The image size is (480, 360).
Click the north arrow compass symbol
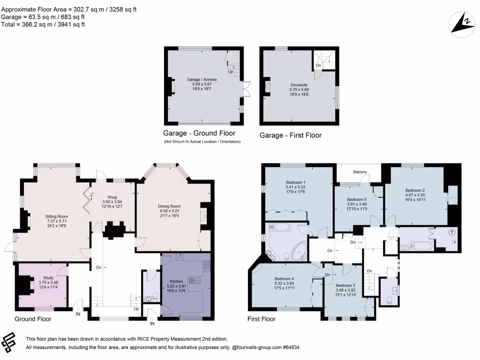point(462,24)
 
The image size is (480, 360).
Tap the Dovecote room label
point(299,85)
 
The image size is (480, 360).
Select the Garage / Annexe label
point(202,79)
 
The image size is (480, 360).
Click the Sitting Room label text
point(57,217)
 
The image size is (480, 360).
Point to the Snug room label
point(112,197)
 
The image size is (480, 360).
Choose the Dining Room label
point(169,206)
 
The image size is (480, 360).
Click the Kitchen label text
point(176,281)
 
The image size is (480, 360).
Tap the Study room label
point(48,277)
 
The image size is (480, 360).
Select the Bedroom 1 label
point(295,182)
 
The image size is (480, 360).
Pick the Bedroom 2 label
point(415,190)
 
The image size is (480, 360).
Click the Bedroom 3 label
point(345,285)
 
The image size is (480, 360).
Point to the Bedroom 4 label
point(284,278)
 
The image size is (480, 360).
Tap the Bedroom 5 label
point(357,199)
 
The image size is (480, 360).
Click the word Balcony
point(360,172)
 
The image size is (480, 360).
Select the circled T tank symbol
point(452,232)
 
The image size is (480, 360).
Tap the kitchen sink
point(194,280)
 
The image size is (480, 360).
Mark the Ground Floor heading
point(33,319)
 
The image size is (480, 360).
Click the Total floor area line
point(43,24)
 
